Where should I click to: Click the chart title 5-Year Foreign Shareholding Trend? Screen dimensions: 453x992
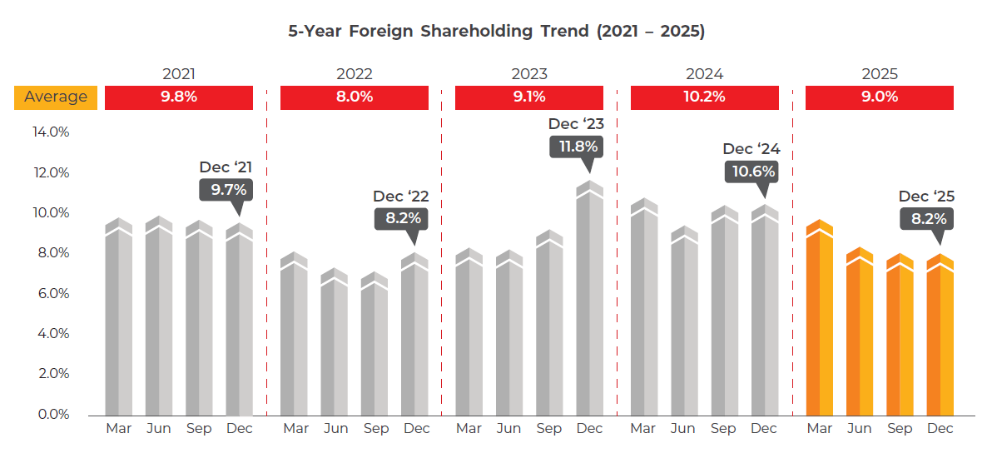pos(496,32)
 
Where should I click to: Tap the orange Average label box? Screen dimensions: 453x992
pos(56,97)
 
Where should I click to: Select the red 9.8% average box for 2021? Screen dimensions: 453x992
pos(179,97)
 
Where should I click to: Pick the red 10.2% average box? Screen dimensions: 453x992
pos(704,97)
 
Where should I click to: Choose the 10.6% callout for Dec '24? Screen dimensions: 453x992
pos(752,172)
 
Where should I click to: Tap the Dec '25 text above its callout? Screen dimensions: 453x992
pos(926,197)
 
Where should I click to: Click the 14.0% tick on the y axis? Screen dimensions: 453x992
pos(51,132)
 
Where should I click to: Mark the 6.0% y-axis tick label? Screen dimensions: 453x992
pos(51,293)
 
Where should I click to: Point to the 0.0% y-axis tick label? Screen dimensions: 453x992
pos(51,414)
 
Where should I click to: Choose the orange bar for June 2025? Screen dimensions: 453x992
pos(860,337)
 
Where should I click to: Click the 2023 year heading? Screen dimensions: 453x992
pos(529,74)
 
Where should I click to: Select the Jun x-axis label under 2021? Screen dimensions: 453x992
pos(159,429)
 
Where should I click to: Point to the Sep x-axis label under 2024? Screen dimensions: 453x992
pos(723,429)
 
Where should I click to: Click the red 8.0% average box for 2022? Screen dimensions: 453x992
pos(354,97)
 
